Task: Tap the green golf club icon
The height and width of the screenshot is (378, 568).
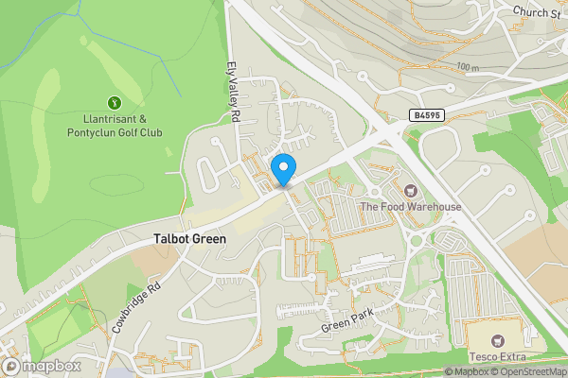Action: click(x=115, y=102)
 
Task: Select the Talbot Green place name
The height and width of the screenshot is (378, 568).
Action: click(x=190, y=240)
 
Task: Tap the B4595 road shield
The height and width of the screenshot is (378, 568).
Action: click(x=426, y=114)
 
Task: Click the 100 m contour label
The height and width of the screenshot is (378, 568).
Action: click(x=467, y=67)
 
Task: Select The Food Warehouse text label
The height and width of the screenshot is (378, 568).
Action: click(x=410, y=207)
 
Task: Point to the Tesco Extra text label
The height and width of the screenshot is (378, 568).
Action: click(x=496, y=356)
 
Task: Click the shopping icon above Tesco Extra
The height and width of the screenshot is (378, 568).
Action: click(x=496, y=339)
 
